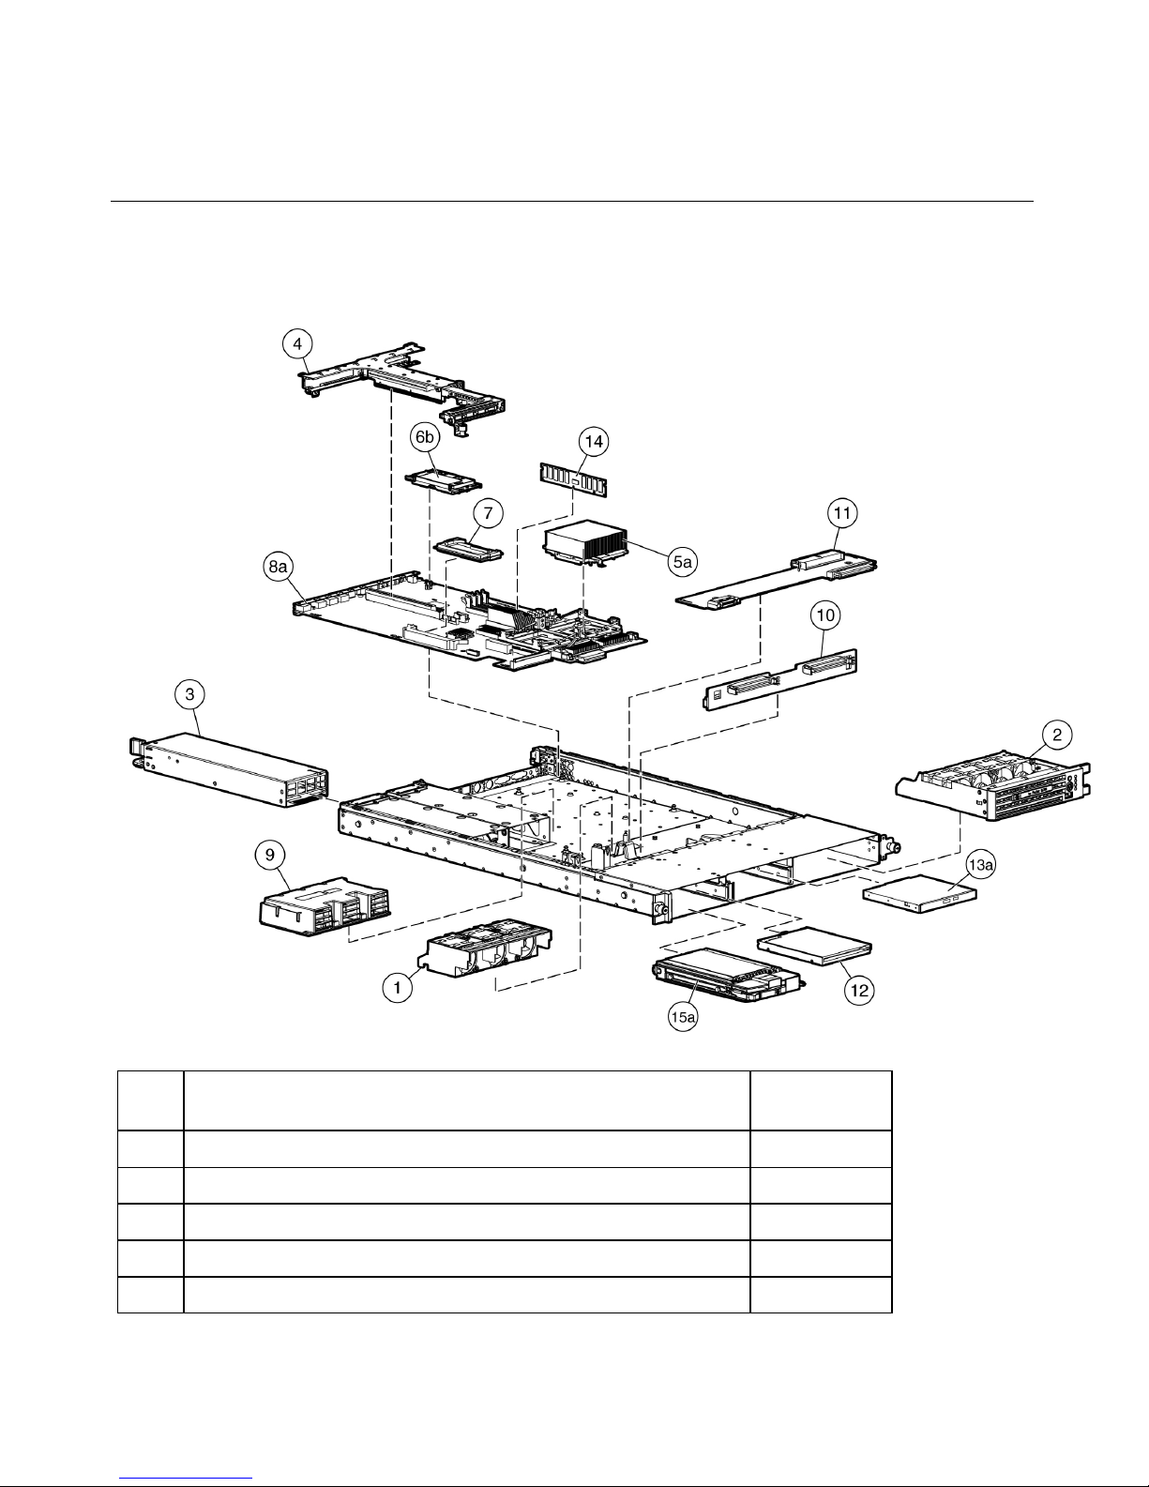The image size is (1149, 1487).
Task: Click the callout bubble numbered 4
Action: point(297,343)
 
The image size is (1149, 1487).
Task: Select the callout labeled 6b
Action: point(425,437)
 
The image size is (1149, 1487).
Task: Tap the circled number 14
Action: point(594,441)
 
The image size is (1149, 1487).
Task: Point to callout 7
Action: point(488,513)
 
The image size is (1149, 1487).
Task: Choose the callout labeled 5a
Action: point(683,562)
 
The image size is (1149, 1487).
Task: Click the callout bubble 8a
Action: point(279,567)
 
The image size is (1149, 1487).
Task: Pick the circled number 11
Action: point(842,513)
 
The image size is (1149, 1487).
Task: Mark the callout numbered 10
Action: point(825,615)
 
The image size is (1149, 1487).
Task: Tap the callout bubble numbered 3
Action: point(189,694)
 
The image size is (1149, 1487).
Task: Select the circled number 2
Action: point(1057,735)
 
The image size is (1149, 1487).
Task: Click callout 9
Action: point(270,855)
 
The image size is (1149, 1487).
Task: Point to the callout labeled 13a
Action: point(980,866)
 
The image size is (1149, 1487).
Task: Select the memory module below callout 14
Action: point(574,479)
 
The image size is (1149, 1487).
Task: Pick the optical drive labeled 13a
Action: point(920,894)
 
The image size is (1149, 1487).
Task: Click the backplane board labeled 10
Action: point(780,679)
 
